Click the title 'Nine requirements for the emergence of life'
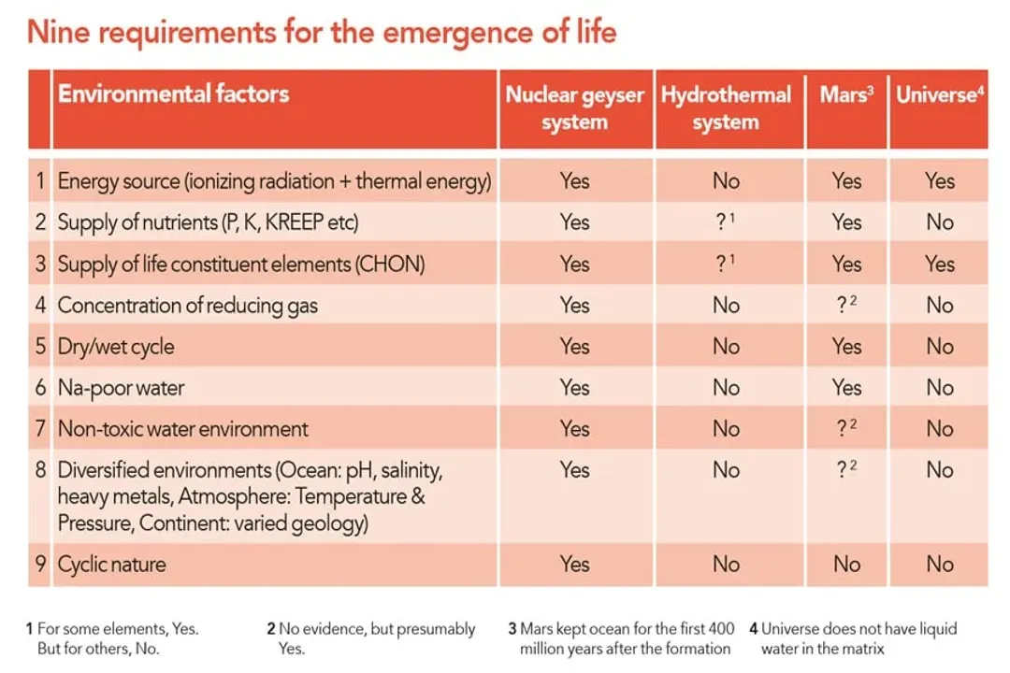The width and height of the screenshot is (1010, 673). (x=322, y=33)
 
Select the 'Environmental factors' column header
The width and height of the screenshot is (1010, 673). (x=173, y=94)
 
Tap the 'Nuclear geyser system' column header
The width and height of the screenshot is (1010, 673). (x=574, y=108)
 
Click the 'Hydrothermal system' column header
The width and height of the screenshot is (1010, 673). (x=726, y=108)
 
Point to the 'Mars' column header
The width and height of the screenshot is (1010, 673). (x=846, y=95)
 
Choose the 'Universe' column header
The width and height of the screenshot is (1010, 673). (x=939, y=95)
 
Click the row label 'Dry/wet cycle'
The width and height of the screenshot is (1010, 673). (x=116, y=347)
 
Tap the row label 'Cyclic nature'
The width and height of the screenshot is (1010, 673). (x=111, y=565)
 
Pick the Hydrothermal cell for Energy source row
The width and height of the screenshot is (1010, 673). (x=726, y=180)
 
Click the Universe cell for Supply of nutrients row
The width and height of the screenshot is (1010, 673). (x=939, y=222)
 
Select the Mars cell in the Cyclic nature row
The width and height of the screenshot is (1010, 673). (x=846, y=565)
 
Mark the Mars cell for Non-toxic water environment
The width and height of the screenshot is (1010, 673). (x=846, y=429)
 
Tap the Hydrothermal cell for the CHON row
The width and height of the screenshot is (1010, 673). (x=726, y=264)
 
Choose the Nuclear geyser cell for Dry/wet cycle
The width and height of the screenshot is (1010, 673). (x=574, y=347)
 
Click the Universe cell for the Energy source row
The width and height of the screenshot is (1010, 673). (x=939, y=180)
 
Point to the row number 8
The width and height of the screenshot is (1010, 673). (x=40, y=470)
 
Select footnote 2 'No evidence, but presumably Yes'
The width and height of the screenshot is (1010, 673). (x=371, y=638)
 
